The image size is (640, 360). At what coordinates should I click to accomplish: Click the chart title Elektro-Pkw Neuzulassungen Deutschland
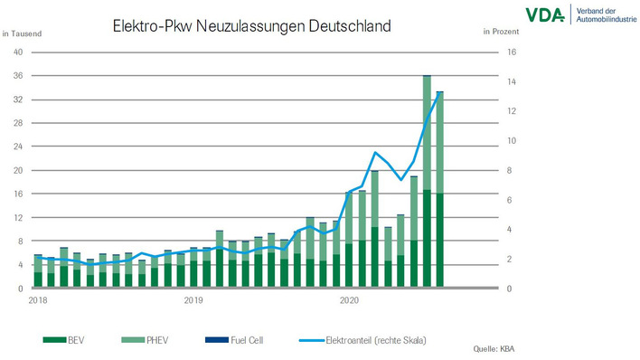pyautogui.click(x=251, y=26)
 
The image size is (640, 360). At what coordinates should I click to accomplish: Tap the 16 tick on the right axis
pyautogui.click(x=511, y=52)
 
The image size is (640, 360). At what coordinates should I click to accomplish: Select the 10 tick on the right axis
pyautogui.click(x=511, y=140)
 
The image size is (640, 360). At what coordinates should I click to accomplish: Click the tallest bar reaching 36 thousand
pyautogui.click(x=427, y=181)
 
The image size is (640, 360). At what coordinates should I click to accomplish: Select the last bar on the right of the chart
pyautogui.click(x=439, y=190)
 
